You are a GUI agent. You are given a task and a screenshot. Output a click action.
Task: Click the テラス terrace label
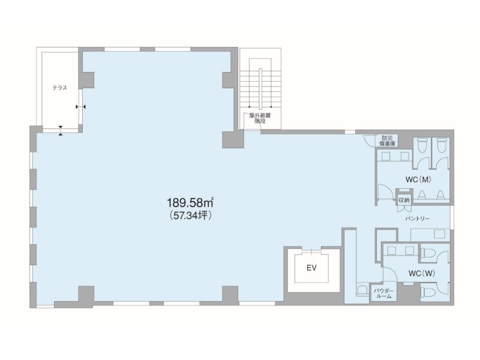coord(59,88)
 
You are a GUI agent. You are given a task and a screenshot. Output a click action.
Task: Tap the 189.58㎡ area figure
coord(190,202)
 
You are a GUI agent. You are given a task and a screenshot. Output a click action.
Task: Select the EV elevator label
coord(311,268)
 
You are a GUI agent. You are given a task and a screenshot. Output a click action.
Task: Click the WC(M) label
coord(418,179)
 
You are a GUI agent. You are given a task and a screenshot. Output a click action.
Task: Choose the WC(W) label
coord(422,274)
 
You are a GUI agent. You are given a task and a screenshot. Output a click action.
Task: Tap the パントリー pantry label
coord(417,218)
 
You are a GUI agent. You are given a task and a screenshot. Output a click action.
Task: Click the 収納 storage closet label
coord(404,200)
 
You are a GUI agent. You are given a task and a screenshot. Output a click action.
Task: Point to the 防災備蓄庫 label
coord(387,140)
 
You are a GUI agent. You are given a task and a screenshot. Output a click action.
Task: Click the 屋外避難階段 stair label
coord(260,118)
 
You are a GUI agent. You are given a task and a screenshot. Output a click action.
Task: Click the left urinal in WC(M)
coord(422,194)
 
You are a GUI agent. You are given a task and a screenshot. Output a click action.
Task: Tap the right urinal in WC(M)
coord(440,194)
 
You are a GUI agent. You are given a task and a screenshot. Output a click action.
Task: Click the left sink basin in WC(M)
coord(386,156)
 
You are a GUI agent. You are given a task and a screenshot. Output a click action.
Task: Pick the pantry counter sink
coord(439,235)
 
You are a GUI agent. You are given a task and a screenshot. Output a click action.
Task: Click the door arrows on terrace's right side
coord(81,107)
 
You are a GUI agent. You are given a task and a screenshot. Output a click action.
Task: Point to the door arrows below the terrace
coord(61,130)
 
